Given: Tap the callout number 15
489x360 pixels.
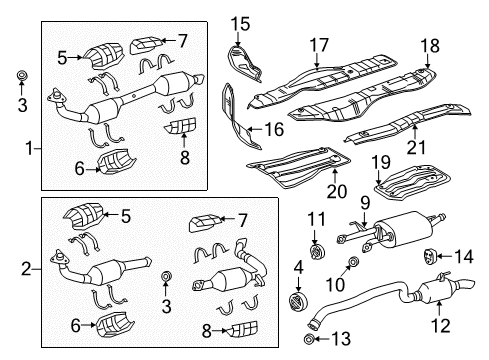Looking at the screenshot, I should [x=240, y=22].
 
